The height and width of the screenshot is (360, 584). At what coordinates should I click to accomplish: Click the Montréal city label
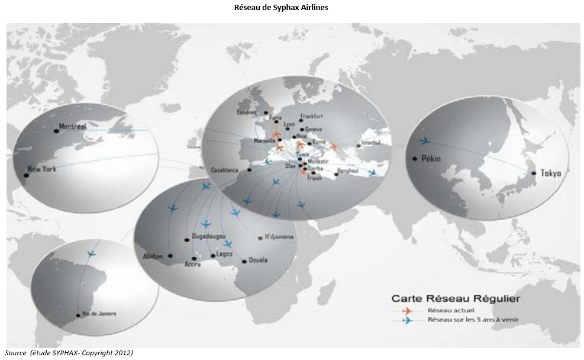(73, 127)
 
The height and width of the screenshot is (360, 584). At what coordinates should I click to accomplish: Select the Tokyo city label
(551, 173)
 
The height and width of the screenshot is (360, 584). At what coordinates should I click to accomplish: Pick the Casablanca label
(225, 170)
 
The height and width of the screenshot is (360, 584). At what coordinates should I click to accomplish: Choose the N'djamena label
(279, 237)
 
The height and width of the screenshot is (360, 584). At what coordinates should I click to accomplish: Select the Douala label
(258, 260)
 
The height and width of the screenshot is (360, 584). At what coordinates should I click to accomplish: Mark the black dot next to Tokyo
(534, 173)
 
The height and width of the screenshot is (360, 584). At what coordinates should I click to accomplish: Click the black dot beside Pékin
(415, 158)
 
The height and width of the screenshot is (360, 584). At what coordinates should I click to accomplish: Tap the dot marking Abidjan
(170, 256)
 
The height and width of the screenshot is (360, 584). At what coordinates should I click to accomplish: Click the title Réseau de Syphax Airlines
(292, 8)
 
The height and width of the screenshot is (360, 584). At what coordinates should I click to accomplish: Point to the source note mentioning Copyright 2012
(69, 353)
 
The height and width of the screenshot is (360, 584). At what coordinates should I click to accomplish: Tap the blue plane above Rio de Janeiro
(91, 254)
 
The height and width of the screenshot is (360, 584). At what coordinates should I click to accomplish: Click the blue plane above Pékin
(424, 141)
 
